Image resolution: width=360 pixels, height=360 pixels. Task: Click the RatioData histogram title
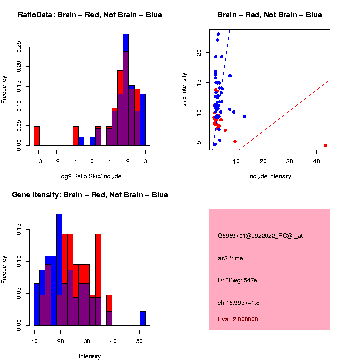90,15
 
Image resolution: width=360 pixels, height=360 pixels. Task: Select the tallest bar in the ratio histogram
126,90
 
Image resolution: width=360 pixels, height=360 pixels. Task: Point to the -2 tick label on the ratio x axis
56,161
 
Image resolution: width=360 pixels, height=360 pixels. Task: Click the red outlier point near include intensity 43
325,145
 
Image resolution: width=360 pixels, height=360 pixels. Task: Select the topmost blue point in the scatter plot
218,34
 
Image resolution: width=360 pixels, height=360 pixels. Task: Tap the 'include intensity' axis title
270,176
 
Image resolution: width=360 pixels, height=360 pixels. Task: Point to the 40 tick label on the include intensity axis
317,161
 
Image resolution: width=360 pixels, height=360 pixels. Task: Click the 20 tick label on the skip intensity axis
199,52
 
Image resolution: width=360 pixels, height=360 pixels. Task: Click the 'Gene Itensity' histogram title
90,195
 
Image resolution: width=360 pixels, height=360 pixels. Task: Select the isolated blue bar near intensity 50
143,318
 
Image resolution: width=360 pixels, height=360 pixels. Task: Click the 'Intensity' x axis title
90,356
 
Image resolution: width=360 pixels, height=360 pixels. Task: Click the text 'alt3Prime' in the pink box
230,258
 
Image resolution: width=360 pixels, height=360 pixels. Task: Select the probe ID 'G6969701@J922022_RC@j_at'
260,235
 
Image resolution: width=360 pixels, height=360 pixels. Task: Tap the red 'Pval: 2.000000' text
238,319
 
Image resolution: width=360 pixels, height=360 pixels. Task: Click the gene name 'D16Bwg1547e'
237,281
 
